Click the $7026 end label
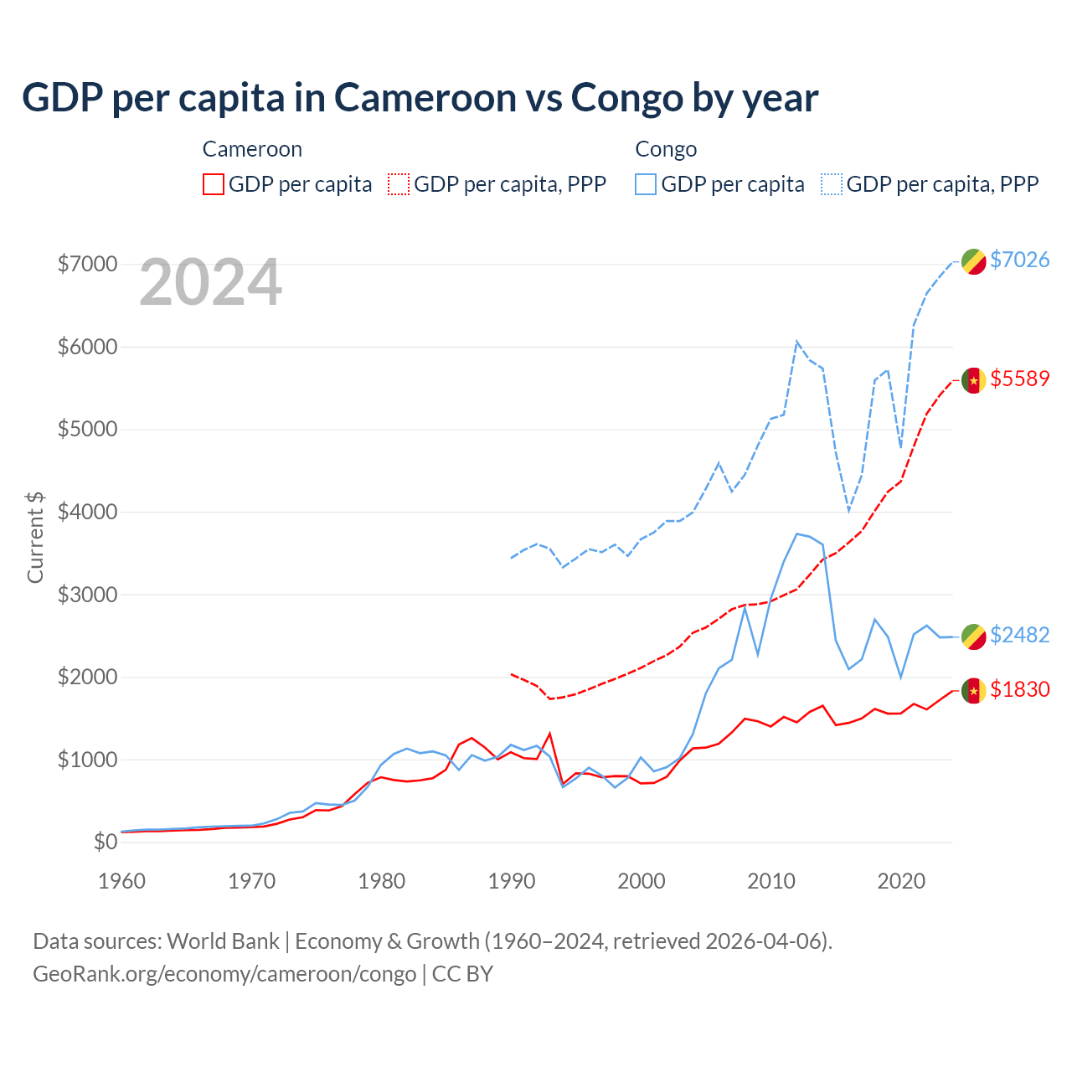(x=1019, y=260)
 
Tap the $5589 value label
(x=1019, y=379)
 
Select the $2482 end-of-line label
(x=1019, y=635)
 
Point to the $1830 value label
(x=1019, y=689)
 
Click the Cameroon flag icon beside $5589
(x=973, y=380)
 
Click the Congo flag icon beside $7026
(x=973, y=261)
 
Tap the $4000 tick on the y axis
(x=87, y=512)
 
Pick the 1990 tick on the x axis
(x=511, y=881)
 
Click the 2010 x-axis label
(x=770, y=881)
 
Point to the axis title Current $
(x=35, y=537)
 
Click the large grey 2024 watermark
(x=210, y=282)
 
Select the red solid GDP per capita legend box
(x=214, y=184)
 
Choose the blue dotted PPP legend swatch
(x=832, y=184)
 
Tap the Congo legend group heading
(x=666, y=149)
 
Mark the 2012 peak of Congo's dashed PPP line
(x=796, y=341)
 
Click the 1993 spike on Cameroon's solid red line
(x=549, y=734)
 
